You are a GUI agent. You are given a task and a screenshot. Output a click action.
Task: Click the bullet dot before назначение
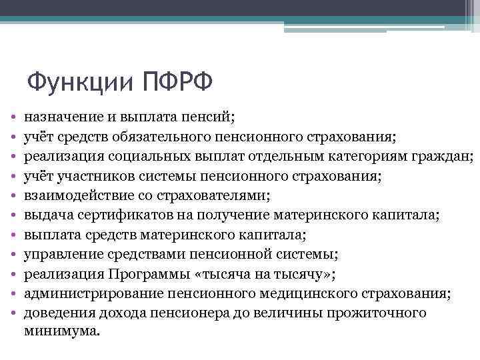(13, 117)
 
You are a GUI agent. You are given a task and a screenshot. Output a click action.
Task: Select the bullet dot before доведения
(13, 314)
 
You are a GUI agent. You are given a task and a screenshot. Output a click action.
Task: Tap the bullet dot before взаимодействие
(13, 197)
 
